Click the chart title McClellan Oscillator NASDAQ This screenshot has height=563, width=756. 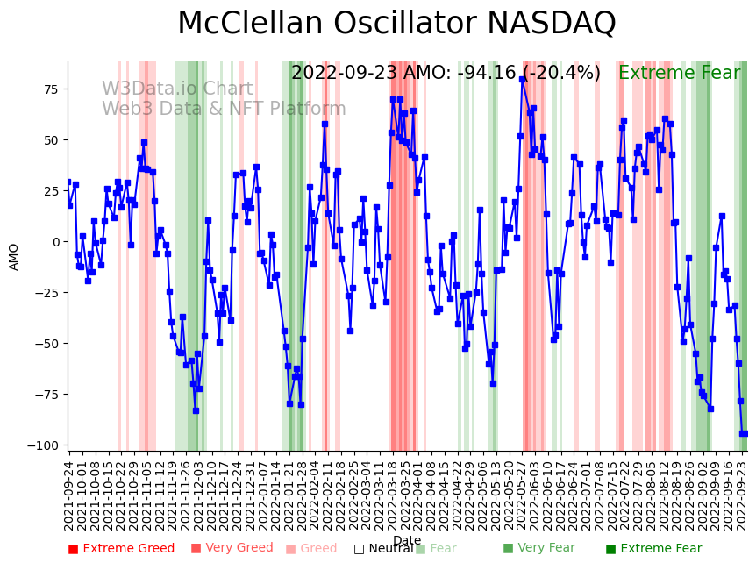[396, 24]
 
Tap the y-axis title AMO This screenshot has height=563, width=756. [14, 256]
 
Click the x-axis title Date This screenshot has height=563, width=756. [407, 540]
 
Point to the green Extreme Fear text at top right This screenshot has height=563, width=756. [679, 73]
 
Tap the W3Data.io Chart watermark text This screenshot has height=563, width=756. [177, 89]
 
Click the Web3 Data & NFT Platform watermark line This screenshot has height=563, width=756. [224, 109]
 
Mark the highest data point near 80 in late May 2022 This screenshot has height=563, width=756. [523, 79]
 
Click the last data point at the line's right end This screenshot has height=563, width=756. [745, 433]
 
